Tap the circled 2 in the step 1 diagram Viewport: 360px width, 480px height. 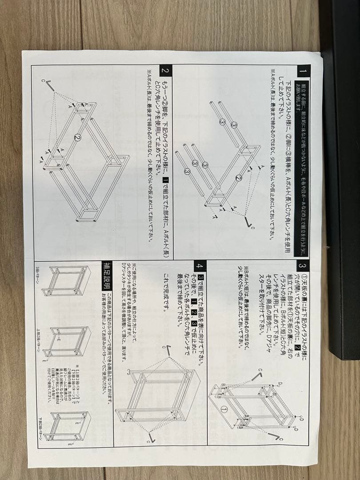(239, 178)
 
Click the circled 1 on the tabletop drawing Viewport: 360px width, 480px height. (224, 409)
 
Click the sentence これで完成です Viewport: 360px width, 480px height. (166, 293)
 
